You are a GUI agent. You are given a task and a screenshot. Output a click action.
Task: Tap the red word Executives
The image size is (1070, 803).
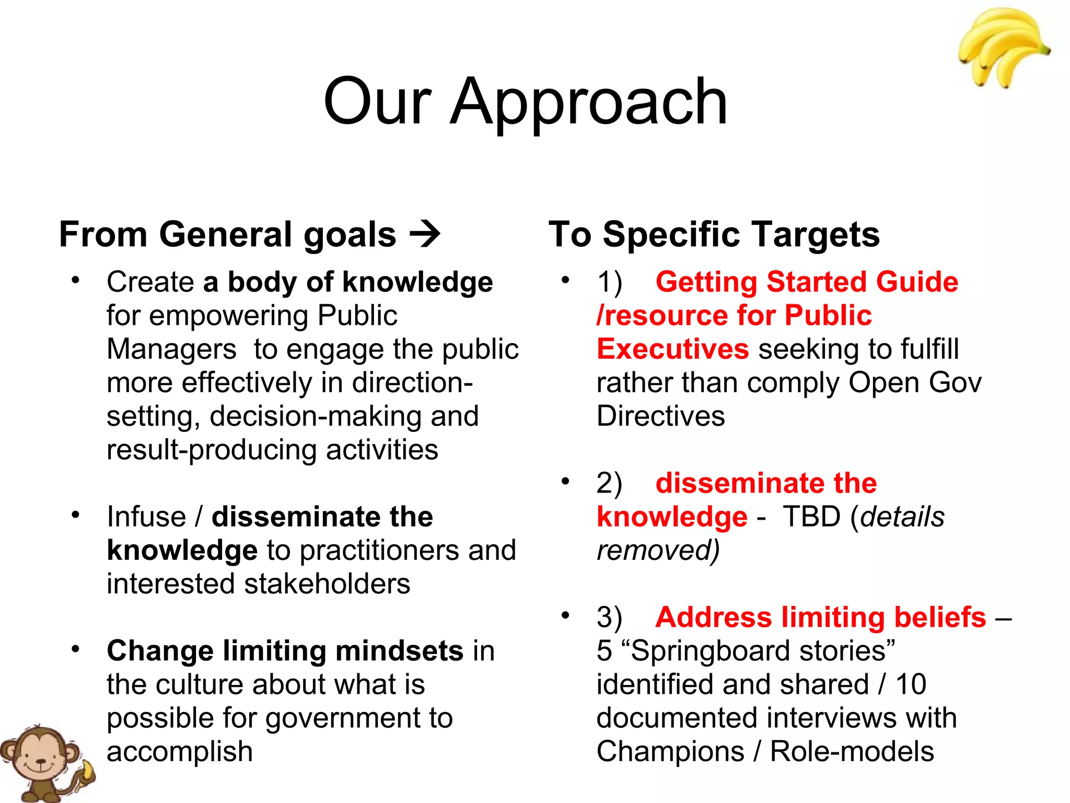click(672, 349)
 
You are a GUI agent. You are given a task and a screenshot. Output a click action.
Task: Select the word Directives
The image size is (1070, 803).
click(660, 417)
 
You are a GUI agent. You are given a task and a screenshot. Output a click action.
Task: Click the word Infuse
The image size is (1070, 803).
click(146, 517)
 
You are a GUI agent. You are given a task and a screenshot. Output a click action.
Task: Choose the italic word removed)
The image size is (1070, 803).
click(658, 550)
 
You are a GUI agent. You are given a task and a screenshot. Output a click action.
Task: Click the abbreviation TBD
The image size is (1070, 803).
click(811, 517)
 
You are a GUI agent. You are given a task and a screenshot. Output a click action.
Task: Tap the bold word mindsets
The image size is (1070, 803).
click(399, 651)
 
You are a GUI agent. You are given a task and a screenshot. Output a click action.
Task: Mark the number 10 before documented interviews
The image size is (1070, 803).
click(911, 684)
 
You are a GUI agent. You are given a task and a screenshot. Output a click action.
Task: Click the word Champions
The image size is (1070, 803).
click(670, 752)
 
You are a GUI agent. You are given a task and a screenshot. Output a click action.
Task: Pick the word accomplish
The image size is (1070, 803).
click(180, 752)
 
